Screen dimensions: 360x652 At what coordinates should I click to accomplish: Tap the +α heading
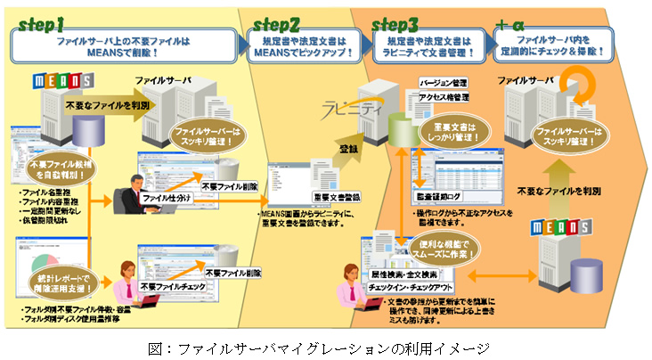click(515, 21)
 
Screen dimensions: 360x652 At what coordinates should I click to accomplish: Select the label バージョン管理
click(443, 82)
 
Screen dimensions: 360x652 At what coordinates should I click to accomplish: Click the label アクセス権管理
click(443, 95)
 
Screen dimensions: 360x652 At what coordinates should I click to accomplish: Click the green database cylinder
click(403, 130)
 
